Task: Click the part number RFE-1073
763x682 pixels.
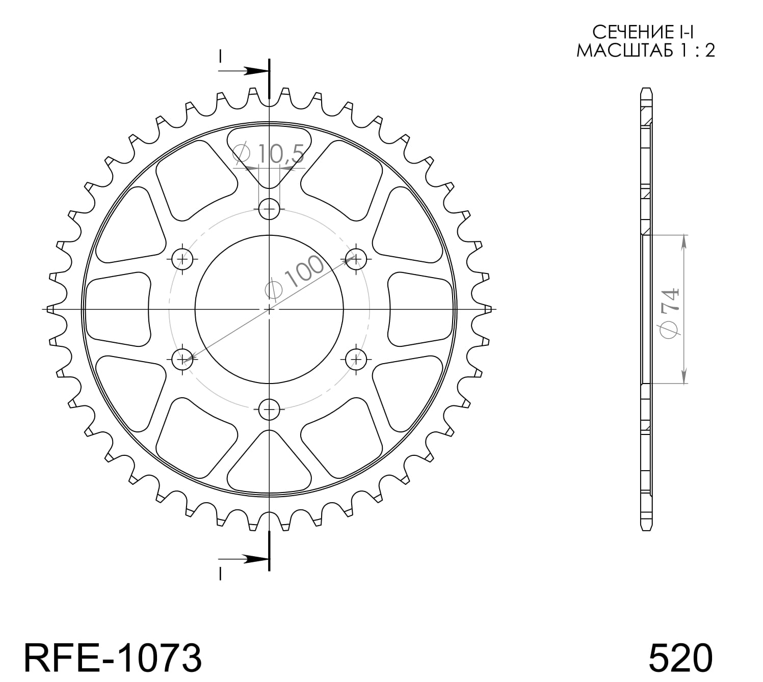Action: coord(113,658)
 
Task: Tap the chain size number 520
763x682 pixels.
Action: coord(680,658)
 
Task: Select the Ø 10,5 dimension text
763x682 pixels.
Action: coord(269,153)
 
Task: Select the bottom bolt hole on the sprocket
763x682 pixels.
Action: coord(269,408)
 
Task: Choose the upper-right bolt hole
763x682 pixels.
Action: coord(356,259)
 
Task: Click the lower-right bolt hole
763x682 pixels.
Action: coord(356,360)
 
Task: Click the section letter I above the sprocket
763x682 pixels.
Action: coord(220,55)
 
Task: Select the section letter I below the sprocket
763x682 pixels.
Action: coord(220,575)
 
